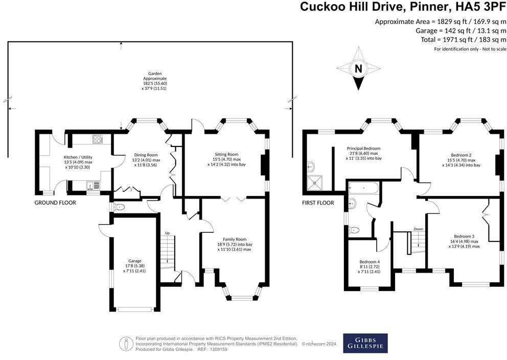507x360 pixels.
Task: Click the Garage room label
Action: point(135,261)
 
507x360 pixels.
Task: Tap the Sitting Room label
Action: point(226,154)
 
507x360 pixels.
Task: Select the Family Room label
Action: point(235,239)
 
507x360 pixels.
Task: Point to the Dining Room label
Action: point(146,155)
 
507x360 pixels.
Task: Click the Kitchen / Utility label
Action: point(78,157)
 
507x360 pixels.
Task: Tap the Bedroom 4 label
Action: point(369,262)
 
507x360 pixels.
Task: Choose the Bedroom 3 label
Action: point(464,236)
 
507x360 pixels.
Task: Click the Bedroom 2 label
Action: point(461,155)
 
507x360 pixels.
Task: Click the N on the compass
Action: point(358,68)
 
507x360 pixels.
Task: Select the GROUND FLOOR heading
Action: point(55,203)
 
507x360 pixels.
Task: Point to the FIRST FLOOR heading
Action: point(318,203)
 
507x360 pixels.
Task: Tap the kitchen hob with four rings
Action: point(98,139)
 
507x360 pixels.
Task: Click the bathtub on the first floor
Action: point(363,187)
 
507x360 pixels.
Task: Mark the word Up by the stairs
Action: point(167,233)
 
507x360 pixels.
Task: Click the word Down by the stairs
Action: point(418,229)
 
